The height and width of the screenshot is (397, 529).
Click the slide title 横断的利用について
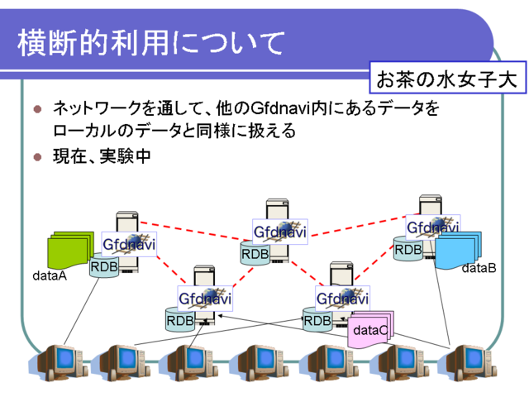pyautogui.click(x=150, y=43)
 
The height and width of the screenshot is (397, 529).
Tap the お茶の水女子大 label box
pyautogui.click(x=447, y=77)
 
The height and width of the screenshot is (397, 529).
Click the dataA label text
pyautogui.click(x=50, y=275)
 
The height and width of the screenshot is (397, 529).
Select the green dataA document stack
pyautogui.click(x=69, y=251)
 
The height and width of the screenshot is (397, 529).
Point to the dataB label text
pyautogui.click(x=479, y=268)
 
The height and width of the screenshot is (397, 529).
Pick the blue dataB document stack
pyautogui.click(x=458, y=250)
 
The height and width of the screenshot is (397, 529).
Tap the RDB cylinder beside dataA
pyautogui.click(x=104, y=265)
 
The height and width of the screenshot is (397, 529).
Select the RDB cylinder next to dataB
pyautogui.click(x=407, y=249)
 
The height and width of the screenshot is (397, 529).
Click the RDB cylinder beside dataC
pyautogui.click(x=317, y=319)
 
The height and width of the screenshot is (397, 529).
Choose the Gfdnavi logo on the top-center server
pyautogui.click(x=280, y=232)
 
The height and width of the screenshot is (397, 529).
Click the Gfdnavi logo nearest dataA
pyautogui.click(x=129, y=244)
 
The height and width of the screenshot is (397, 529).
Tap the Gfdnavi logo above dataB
pyautogui.click(x=433, y=227)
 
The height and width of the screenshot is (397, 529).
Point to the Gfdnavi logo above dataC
pyautogui.click(x=342, y=299)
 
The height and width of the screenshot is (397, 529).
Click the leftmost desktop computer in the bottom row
pyautogui.click(x=57, y=363)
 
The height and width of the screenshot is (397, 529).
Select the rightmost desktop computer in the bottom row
pyautogui.click(x=468, y=363)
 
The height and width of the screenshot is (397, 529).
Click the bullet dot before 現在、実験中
pyautogui.click(x=37, y=157)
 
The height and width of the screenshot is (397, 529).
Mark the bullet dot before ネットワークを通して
pyautogui.click(x=37, y=108)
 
